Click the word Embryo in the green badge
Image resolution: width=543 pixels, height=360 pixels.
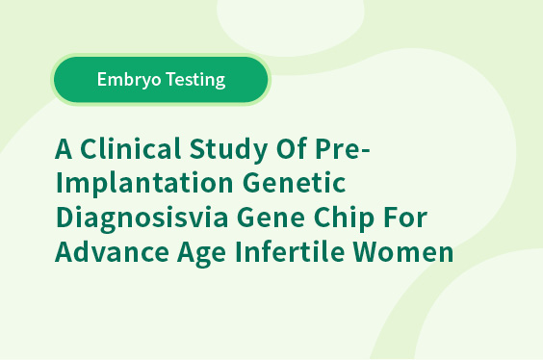(129, 80)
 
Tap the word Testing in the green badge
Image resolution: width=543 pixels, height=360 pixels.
(195, 80)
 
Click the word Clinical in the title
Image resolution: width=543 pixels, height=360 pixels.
(131, 148)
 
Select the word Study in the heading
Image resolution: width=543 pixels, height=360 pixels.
(228, 150)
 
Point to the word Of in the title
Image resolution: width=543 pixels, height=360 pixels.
(292, 148)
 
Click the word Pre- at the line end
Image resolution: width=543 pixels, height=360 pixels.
(343, 148)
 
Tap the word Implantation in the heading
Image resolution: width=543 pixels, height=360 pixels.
(144, 184)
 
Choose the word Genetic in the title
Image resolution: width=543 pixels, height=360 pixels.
(294, 183)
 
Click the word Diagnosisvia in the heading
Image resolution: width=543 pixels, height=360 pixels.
(142, 219)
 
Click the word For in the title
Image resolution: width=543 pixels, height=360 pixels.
(405, 218)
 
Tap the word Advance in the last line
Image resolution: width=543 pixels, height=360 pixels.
(112, 251)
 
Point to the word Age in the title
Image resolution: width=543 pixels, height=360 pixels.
(202, 253)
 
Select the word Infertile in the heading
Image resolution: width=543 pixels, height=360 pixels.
(290, 251)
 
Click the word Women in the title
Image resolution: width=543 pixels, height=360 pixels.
(403, 251)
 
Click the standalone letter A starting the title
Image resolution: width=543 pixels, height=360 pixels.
(64, 148)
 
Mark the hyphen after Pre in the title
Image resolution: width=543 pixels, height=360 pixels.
(366, 151)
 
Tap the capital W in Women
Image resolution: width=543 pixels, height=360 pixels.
(367, 252)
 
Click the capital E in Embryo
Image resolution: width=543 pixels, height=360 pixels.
(102, 80)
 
